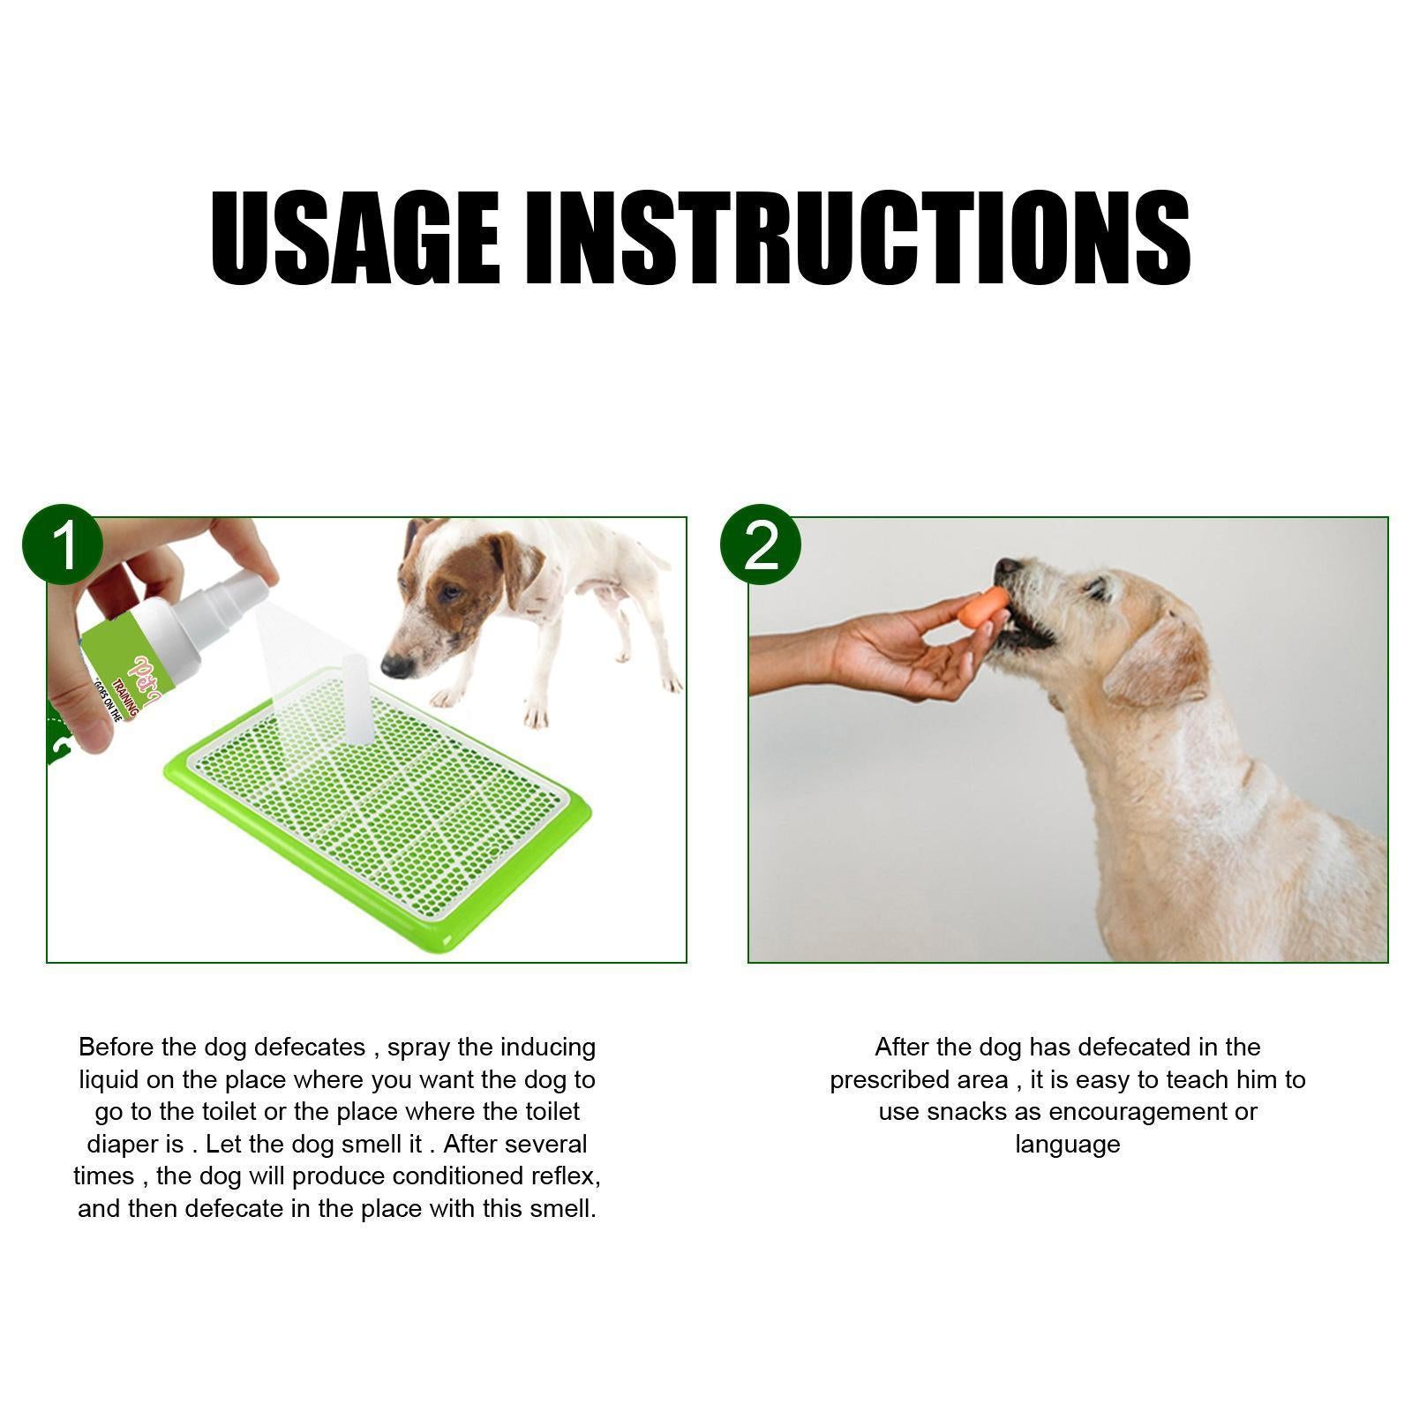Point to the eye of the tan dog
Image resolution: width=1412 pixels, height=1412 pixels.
pos(1099,590)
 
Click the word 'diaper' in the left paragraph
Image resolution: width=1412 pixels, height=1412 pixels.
pos(122,1145)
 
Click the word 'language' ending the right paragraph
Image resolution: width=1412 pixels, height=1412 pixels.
pos(1067,1145)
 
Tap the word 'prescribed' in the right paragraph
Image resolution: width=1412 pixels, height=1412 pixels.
pos(892,1080)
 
